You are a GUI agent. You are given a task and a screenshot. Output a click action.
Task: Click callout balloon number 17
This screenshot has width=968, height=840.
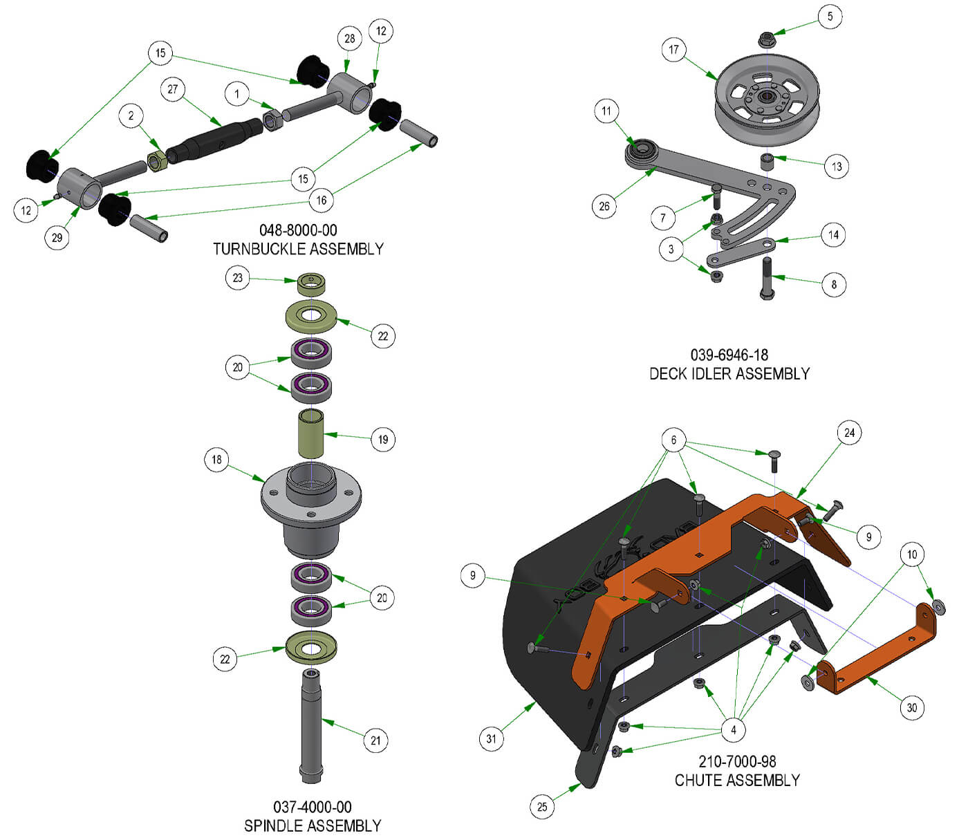click(x=674, y=50)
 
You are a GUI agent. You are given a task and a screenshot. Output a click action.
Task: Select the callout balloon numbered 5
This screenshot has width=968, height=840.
click(x=830, y=17)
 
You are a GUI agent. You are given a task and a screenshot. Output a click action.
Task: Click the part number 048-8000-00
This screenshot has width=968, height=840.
click(x=298, y=230)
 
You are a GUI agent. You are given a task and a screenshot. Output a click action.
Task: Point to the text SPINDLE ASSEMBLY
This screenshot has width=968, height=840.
click(x=313, y=825)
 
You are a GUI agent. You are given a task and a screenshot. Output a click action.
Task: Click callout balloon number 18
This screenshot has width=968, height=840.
click(x=217, y=460)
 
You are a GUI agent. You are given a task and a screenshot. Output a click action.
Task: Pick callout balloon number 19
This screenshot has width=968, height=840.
click(x=383, y=439)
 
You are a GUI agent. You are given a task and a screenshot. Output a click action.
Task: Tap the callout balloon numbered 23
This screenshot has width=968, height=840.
click(x=238, y=278)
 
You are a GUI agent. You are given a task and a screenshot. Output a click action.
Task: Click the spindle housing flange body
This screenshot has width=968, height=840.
click(x=311, y=512)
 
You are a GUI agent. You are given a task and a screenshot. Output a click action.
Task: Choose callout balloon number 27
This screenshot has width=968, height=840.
click(x=173, y=89)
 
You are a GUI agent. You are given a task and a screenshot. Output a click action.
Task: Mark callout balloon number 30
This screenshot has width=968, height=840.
click(x=912, y=707)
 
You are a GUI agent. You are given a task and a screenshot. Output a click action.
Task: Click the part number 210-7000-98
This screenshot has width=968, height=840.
click(x=737, y=762)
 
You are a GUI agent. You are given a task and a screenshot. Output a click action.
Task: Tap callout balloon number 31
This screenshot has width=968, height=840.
click(x=491, y=738)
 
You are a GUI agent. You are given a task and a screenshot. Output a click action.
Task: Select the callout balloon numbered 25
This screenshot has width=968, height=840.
click(x=542, y=806)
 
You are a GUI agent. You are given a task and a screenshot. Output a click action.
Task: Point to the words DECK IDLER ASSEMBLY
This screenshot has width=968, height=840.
click(x=729, y=374)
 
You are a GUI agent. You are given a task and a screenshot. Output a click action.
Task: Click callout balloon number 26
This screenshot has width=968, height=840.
click(x=604, y=206)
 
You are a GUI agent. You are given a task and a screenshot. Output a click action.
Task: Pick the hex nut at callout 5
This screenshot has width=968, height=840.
click(x=765, y=39)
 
